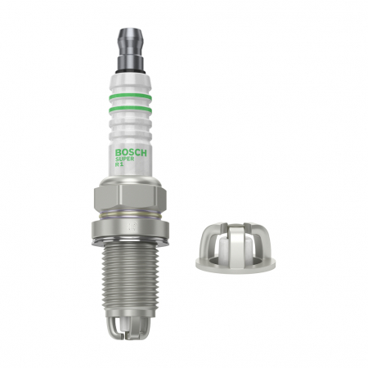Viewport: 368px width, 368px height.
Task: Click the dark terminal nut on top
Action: [x=132, y=37]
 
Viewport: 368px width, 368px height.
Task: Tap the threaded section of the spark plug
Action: [x=132, y=278]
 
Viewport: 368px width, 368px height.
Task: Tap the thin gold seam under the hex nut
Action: [x=132, y=214]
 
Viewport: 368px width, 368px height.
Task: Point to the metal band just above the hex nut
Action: [x=132, y=178]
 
